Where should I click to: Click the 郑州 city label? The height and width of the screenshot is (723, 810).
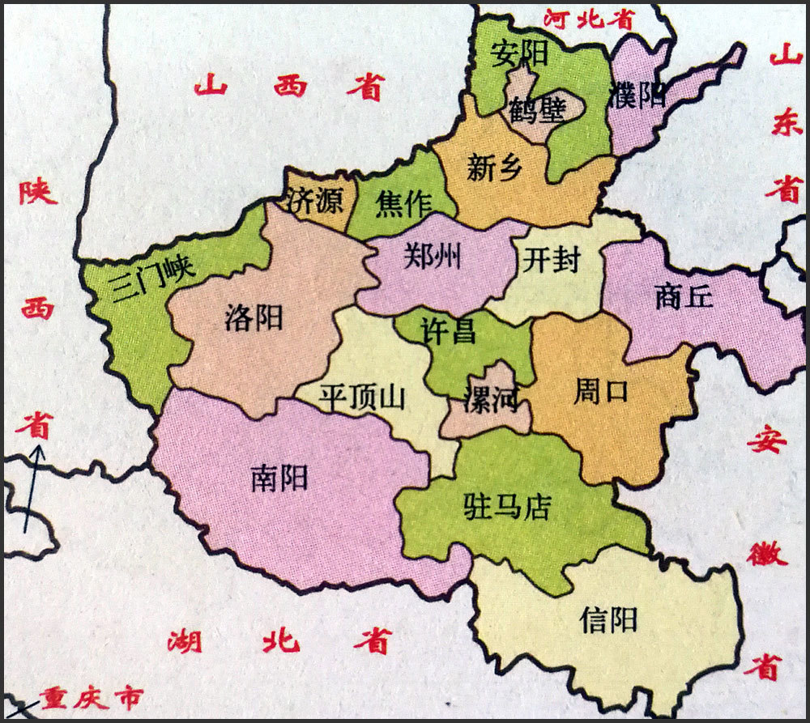(433, 257)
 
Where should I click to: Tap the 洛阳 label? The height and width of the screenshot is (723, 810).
(254, 318)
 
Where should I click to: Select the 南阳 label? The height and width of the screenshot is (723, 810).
(279, 479)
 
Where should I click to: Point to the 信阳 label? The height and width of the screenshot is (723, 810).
(609, 620)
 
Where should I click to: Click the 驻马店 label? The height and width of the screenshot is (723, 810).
(507, 507)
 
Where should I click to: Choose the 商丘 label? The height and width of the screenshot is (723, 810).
(684, 297)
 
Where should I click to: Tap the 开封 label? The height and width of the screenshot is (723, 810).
(552, 261)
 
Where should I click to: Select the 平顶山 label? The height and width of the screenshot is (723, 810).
(361, 398)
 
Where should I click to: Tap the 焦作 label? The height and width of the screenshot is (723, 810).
(403, 206)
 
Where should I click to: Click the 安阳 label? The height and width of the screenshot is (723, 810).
(519, 54)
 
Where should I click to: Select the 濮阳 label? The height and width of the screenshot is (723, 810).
(640, 95)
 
